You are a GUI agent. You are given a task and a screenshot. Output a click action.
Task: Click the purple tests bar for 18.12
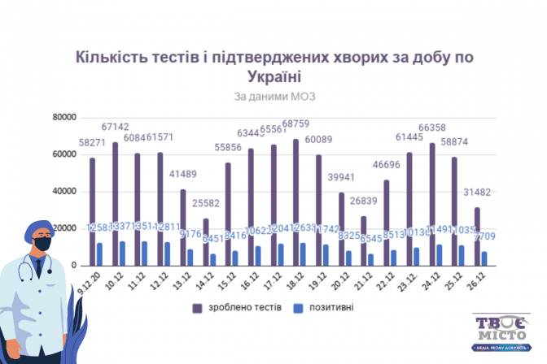pos(295,202)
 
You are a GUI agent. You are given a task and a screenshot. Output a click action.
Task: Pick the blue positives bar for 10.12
pos(122,253)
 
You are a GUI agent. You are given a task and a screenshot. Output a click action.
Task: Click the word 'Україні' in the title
pos(273,76)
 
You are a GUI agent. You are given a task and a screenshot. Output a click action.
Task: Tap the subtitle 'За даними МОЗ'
pos(273,96)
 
